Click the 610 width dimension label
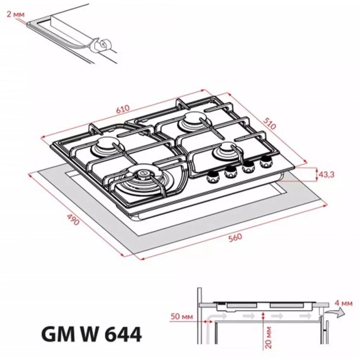pyautogui.click(x=123, y=109)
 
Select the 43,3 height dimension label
pyautogui.click(x=326, y=174)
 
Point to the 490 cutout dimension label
pyautogui.click(x=73, y=219)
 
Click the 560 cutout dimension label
pyautogui.click(x=235, y=238)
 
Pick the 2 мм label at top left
pyautogui.click(x=15, y=14)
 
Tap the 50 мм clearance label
pyautogui.click(x=182, y=317)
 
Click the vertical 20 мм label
pyautogui.click(x=269, y=337)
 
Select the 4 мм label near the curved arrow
pyautogui.click(x=343, y=303)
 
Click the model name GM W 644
pyautogui.click(x=91, y=335)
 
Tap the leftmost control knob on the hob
pyautogui.click(x=213, y=178)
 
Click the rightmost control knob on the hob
pyautogui.click(x=266, y=161)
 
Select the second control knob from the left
pyautogui.click(x=231, y=172)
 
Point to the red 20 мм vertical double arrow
pyautogui.click(x=263, y=316)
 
